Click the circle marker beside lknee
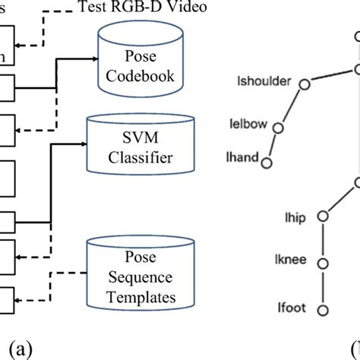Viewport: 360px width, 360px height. (324, 264)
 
